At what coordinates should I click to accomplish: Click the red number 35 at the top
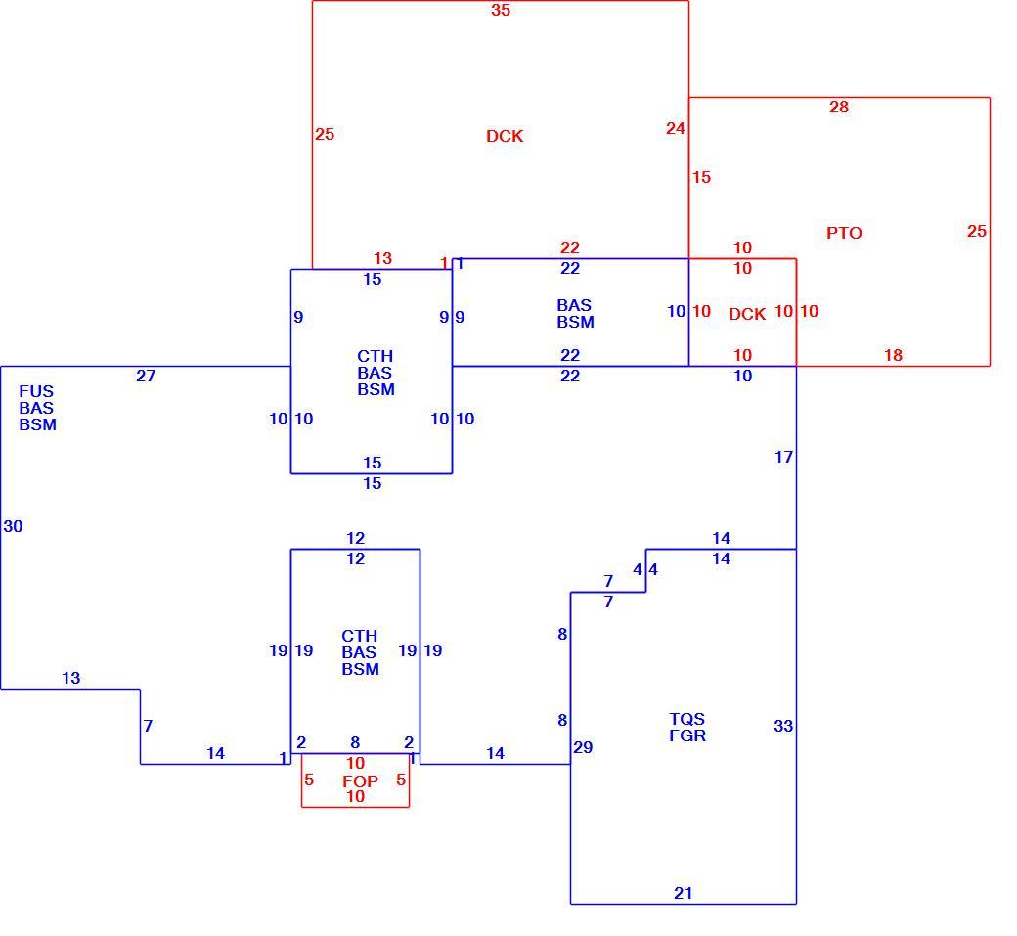pos(500,10)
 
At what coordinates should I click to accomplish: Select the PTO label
pos(844,233)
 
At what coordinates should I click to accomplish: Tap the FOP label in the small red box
pos(360,780)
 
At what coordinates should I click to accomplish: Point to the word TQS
pos(686,719)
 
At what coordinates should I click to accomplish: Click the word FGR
pos(687,735)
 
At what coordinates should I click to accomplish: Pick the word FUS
pos(36,391)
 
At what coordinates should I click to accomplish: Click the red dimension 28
pos(839,107)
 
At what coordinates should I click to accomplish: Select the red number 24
pos(675,128)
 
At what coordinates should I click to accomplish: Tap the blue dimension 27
pos(146,376)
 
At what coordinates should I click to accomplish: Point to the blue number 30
pos(13,526)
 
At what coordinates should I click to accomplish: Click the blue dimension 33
pos(783,725)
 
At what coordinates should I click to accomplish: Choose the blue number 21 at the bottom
pos(683,893)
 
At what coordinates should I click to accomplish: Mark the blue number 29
pos(583,747)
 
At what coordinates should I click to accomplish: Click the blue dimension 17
pos(783,457)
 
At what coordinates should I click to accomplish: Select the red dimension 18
pos(893,355)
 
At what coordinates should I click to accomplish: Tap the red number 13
pos(382,258)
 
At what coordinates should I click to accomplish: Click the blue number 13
pos(70,678)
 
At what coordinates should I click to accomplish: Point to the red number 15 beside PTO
pos(701,177)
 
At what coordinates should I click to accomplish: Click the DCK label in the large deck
pos(505,136)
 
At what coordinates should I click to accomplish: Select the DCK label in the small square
pos(747,314)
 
